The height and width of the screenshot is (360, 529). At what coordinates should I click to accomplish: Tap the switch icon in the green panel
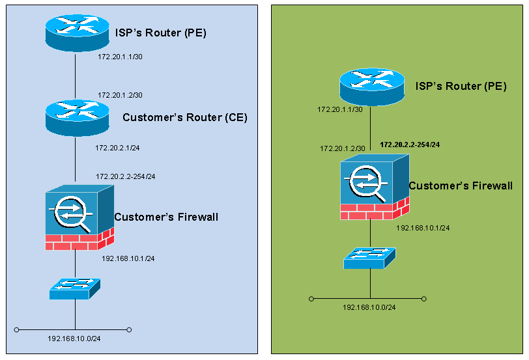tap(370, 257)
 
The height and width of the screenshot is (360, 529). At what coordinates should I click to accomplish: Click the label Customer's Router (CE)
tap(185, 118)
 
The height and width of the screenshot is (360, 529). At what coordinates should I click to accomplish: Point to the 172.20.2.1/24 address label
tap(118, 148)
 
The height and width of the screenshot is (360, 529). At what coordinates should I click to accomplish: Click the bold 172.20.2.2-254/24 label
tap(410, 144)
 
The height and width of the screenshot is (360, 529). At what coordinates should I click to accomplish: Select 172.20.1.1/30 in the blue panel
tap(120, 57)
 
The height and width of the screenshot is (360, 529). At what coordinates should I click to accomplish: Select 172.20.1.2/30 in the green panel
tap(342, 148)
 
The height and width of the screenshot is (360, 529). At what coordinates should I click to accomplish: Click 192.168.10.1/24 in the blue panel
tap(128, 258)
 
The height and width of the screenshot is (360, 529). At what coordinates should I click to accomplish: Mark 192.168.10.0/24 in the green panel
tap(369, 307)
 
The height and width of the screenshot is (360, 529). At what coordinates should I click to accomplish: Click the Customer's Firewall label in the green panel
tap(460, 186)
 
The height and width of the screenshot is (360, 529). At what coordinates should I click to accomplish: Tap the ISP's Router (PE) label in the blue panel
tap(161, 33)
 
